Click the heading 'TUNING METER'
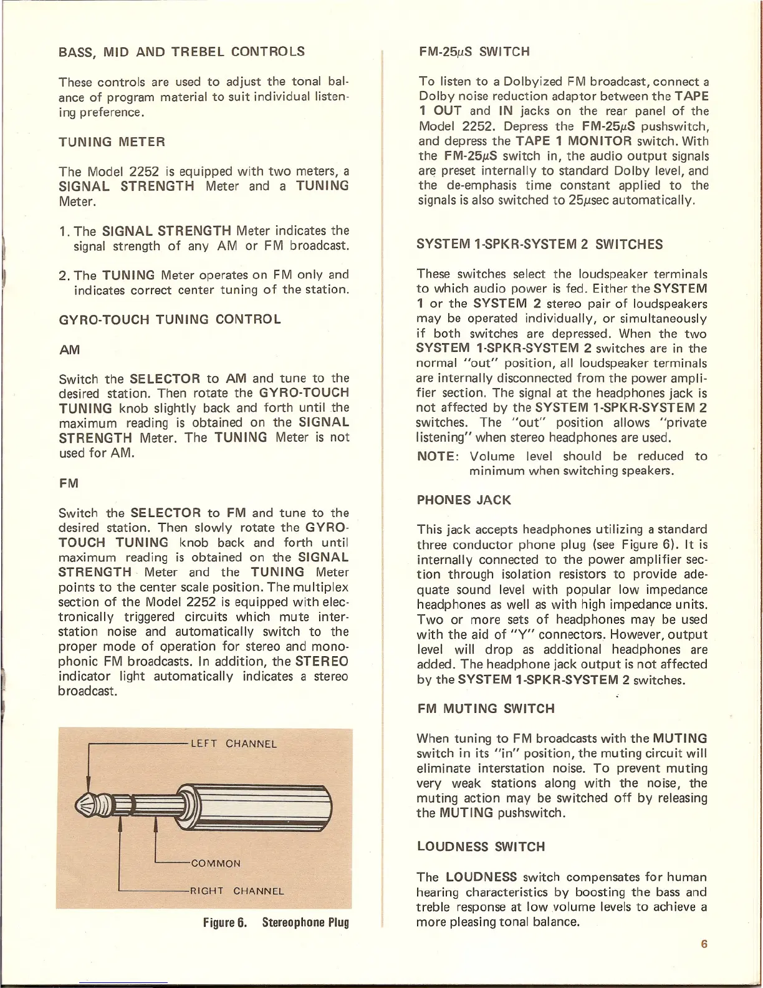coord(112,142)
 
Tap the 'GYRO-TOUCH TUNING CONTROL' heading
coord(170,320)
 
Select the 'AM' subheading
coord(69,350)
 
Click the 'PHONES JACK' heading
coord(464,500)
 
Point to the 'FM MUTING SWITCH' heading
coord(486,709)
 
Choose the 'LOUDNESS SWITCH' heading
coord(481,847)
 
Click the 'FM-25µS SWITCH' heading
coord(474,52)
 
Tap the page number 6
coord(704,944)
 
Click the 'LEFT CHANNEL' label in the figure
coord(233,744)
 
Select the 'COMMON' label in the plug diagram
coord(216,864)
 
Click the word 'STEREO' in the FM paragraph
coord(322,662)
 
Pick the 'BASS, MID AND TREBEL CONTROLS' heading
coord(181,52)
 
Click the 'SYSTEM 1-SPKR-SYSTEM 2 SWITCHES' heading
coord(540,245)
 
